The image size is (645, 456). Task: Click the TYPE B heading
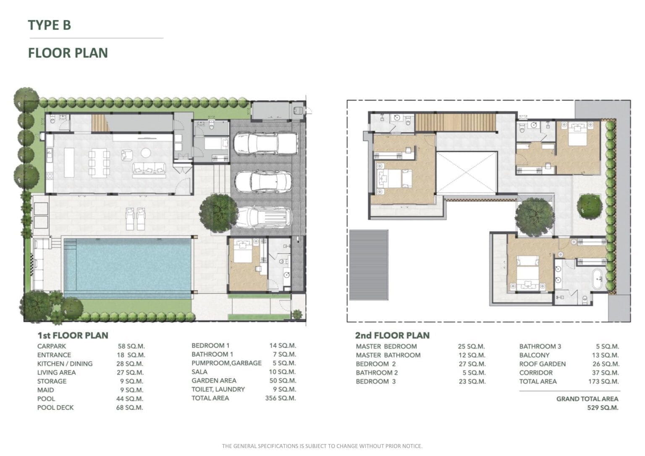(49, 25)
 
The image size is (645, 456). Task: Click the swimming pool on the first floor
(127, 267)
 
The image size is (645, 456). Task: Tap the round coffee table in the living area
(146, 152)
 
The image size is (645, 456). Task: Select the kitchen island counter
(69, 162)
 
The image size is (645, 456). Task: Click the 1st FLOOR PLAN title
(73, 335)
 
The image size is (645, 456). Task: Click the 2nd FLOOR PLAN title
(392, 335)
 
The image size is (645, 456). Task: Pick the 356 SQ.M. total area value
(281, 398)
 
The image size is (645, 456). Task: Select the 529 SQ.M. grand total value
(603, 408)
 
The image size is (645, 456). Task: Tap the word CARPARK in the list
(52, 346)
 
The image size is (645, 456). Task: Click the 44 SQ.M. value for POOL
(130, 399)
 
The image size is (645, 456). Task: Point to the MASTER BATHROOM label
(388, 355)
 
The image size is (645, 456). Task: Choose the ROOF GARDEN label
(543, 364)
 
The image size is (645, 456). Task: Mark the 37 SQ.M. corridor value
(605, 372)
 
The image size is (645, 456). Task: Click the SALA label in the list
(199, 372)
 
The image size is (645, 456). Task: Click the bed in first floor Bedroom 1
(243, 251)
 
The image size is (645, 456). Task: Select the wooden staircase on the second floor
(455, 122)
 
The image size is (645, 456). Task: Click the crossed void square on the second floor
(467, 173)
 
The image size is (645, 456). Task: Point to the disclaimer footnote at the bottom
(322, 446)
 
